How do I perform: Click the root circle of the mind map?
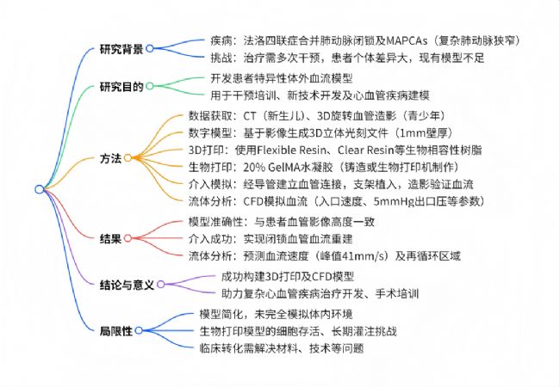tap(40, 189)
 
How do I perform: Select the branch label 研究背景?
tap(121, 49)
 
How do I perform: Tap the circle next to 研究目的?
tap(150, 86)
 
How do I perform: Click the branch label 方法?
tap(111, 158)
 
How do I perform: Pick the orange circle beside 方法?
tap(128, 158)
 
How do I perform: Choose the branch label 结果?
tap(111, 239)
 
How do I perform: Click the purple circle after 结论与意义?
tap(161, 284)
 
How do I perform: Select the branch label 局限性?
tap(116, 331)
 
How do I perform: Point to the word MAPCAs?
tap(407, 40)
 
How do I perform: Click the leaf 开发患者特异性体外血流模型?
tap(282, 78)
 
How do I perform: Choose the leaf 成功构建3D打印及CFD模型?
tap(288, 277)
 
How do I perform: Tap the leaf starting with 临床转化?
tap(282, 348)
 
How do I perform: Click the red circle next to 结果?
tap(128, 238)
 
